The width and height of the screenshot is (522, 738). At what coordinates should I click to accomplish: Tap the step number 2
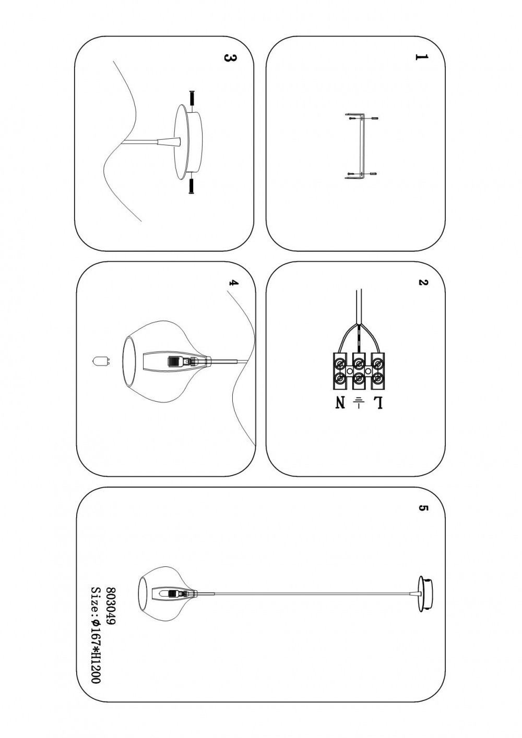422,282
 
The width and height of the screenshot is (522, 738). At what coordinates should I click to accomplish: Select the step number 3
230,58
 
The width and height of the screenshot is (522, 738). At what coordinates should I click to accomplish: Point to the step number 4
233,283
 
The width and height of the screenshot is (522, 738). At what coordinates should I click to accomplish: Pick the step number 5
423,508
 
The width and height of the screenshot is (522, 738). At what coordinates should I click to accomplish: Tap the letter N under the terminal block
340,403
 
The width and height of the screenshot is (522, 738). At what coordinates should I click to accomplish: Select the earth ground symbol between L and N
359,402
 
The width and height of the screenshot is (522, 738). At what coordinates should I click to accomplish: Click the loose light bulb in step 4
100,361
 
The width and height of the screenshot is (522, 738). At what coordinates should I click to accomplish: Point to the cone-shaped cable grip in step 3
169,142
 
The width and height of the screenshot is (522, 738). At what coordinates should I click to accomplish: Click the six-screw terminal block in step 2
359,371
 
